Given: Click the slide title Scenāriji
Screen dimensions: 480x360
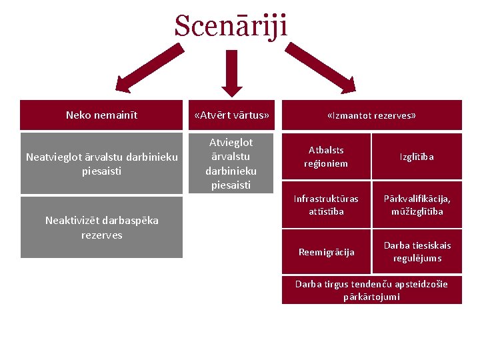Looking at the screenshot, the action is pyautogui.click(x=231, y=27).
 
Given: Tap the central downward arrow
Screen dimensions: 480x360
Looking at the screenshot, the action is pyautogui.click(x=232, y=72).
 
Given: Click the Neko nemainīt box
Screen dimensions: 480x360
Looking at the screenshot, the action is pyautogui.click(x=101, y=115).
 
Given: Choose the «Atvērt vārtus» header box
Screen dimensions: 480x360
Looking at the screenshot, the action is pyautogui.click(x=231, y=115).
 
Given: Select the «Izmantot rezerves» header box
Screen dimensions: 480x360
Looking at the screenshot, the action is pyautogui.click(x=371, y=115).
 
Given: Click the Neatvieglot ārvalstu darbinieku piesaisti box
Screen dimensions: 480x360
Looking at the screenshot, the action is pyautogui.click(x=101, y=163).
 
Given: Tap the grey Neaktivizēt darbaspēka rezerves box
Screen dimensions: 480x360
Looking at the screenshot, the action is pyautogui.click(x=101, y=227).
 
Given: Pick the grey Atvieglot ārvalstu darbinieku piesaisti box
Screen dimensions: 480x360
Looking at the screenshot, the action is pyautogui.click(x=231, y=163).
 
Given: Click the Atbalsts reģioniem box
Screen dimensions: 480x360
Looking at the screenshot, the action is pyautogui.click(x=326, y=157).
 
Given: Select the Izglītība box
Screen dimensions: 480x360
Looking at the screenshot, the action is pyautogui.click(x=417, y=157).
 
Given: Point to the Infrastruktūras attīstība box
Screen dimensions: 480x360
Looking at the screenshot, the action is pyautogui.click(x=326, y=205).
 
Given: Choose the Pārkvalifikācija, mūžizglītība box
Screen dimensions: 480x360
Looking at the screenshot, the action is pyautogui.click(x=417, y=205).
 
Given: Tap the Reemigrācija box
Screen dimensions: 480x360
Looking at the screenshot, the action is pyautogui.click(x=326, y=252).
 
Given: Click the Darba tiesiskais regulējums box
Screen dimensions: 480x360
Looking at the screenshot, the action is pyautogui.click(x=417, y=252).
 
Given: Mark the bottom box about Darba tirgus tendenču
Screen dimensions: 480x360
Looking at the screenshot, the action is pyautogui.click(x=371, y=290).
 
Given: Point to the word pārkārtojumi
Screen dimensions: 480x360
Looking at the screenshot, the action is pyautogui.click(x=371, y=297).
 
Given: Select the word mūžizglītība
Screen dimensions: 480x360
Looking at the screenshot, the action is pyautogui.click(x=417, y=211).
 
